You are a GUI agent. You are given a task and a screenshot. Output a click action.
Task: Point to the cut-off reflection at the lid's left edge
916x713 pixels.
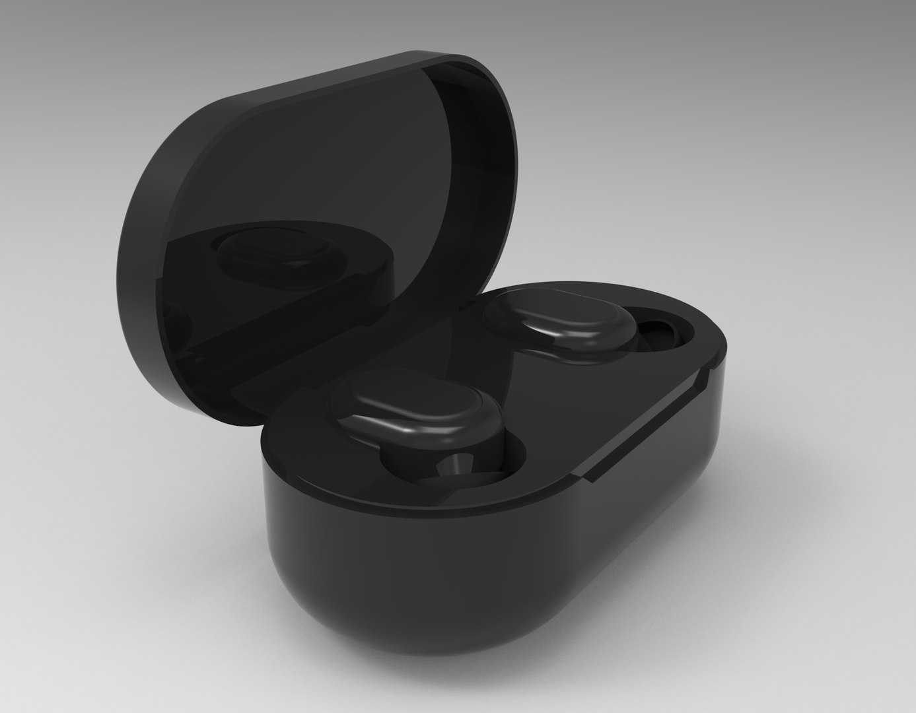click(173, 317)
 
